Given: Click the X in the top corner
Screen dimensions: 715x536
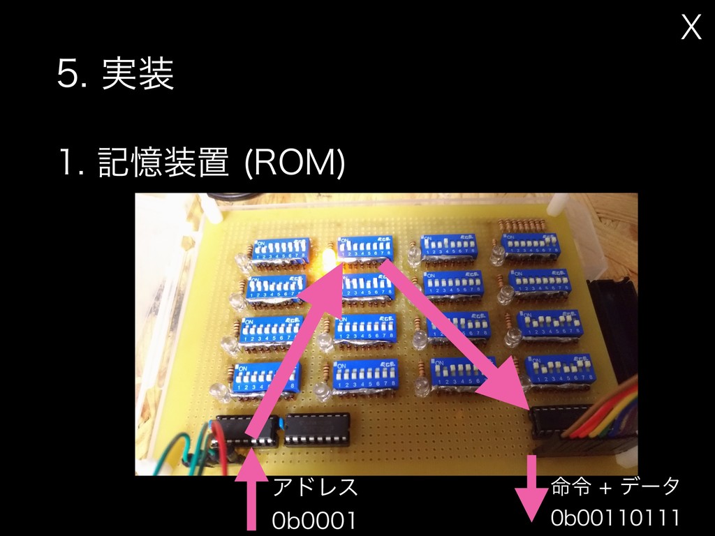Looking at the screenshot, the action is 691,28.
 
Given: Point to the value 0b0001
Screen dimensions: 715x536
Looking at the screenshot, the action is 314,520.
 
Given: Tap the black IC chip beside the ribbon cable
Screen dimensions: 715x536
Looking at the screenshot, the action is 555,422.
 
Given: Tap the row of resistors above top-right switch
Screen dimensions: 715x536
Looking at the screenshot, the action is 524,225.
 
